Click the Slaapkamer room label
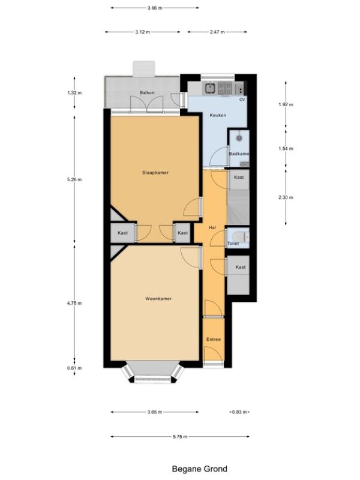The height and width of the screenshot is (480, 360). pyautogui.click(x=155, y=173)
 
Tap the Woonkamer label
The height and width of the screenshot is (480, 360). pyautogui.click(x=158, y=298)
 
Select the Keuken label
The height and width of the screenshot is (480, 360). pyautogui.click(x=218, y=115)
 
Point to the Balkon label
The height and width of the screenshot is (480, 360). pyautogui.click(x=147, y=92)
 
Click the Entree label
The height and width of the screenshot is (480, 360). pyautogui.click(x=214, y=339)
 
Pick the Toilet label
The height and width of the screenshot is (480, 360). pyautogui.click(x=233, y=244)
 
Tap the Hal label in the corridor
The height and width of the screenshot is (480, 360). pyautogui.click(x=212, y=227)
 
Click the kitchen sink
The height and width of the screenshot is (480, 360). pyautogui.click(x=210, y=88)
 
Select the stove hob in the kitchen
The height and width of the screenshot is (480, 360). pyautogui.click(x=224, y=88)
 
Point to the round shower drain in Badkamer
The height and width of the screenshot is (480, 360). pyautogui.click(x=239, y=139)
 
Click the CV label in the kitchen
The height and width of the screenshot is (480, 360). pyautogui.click(x=242, y=100)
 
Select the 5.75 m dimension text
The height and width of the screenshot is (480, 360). pyautogui.click(x=180, y=437)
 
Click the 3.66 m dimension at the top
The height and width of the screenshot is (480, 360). pyautogui.click(x=155, y=8)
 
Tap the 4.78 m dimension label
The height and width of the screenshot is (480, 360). pyautogui.click(x=74, y=303)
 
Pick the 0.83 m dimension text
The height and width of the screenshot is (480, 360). pyautogui.click(x=239, y=412)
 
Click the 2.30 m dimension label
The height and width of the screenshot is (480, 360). pyautogui.click(x=286, y=197)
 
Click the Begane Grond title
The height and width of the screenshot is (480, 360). pyautogui.click(x=200, y=469)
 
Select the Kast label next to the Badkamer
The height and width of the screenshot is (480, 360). pyautogui.click(x=239, y=177)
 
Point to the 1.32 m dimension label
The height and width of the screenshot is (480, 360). pyautogui.click(x=74, y=92)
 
